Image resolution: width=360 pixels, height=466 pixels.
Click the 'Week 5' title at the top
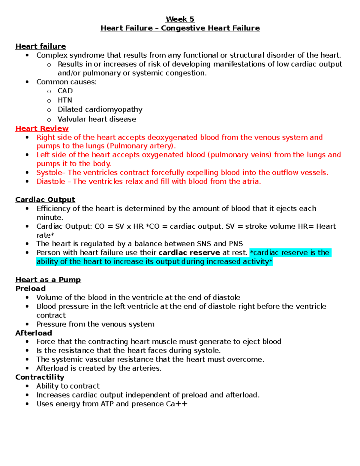point(180,19)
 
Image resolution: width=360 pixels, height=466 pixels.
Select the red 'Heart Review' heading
point(42,128)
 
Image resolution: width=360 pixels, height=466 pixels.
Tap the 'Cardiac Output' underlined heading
point(45,200)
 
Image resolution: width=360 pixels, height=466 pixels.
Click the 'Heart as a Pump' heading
point(48,280)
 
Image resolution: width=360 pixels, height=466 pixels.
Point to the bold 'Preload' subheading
point(31,289)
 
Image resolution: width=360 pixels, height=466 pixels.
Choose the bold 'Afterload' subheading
point(34,333)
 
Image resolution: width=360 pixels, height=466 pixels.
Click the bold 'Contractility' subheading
point(40,377)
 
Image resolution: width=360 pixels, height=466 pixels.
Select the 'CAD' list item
point(65,91)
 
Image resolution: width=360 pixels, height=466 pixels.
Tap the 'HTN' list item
point(65,100)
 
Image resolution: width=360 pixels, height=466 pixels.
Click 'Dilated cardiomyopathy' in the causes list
point(100,110)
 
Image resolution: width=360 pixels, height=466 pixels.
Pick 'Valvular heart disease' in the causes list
point(97,119)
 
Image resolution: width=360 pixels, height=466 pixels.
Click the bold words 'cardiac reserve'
point(189,253)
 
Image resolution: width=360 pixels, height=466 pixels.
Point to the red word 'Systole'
point(49,173)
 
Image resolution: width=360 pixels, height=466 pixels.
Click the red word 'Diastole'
point(51,182)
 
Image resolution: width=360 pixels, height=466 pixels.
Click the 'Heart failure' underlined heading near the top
point(40,46)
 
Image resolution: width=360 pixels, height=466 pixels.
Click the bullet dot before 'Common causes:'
point(27,82)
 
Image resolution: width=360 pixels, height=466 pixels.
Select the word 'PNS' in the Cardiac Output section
point(236,244)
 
